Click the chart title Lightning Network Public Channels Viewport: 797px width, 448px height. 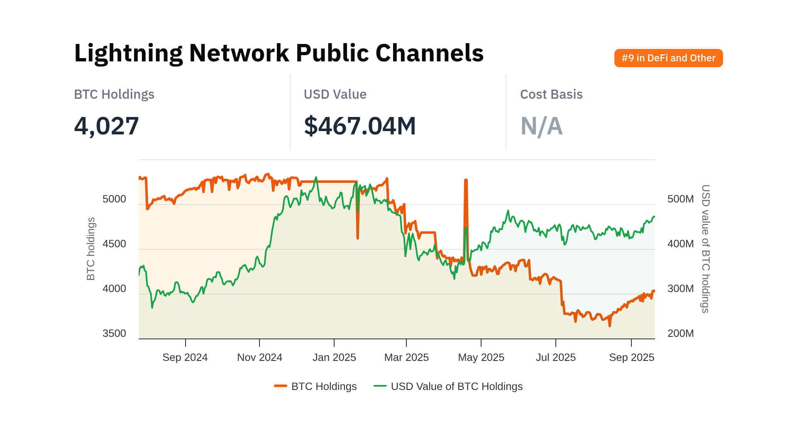(x=279, y=53)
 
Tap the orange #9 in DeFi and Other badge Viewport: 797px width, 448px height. (x=668, y=58)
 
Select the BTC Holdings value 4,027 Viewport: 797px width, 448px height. (x=106, y=126)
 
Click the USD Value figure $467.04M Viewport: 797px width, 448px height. (x=359, y=126)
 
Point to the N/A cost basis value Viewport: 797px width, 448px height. (x=541, y=126)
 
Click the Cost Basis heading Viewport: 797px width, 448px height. (x=551, y=95)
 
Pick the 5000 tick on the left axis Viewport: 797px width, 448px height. (x=114, y=199)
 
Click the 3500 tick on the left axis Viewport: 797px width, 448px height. (x=114, y=334)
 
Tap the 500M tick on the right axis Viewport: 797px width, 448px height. (x=680, y=199)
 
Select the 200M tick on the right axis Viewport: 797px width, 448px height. (x=680, y=334)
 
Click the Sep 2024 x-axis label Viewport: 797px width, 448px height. (x=185, y=358)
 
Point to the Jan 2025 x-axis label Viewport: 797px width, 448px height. (x=334, y=358)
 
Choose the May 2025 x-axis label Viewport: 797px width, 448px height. (x=481, y=358)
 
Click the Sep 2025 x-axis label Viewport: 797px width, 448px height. (x=631, y=358)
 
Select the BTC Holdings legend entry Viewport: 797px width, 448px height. (x=315, y=387)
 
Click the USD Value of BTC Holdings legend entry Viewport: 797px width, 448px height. (x=448, y=387)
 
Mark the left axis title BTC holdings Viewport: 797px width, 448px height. (x=91, y=249)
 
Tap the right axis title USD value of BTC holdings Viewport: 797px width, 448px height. (x=705, y=249)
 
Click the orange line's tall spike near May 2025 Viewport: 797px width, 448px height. (x=466, y=180)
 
